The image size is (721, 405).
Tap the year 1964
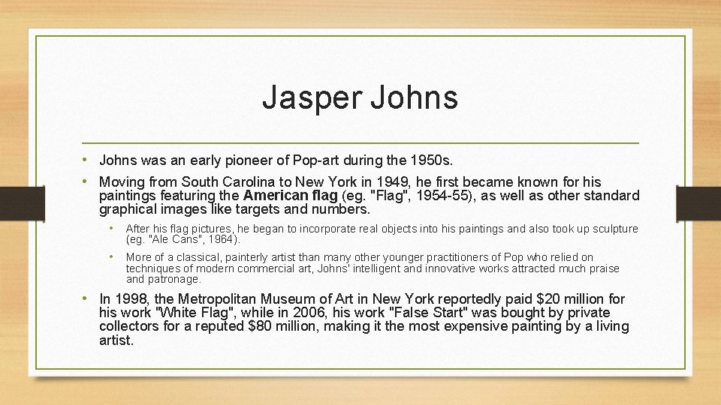click(222, 240)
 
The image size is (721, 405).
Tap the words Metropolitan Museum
click(247, 299)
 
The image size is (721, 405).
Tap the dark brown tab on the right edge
click(698, 202)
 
